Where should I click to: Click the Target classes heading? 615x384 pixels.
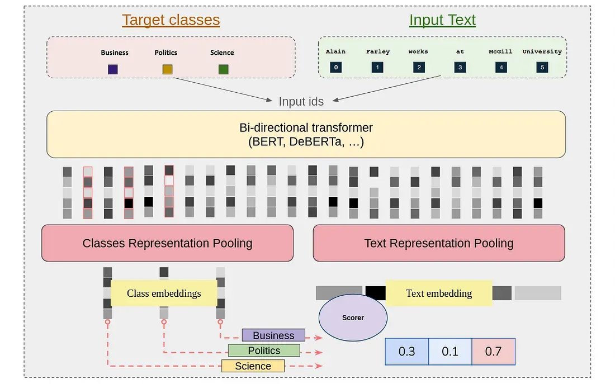[171, 20]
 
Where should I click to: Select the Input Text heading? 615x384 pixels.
[442, 20]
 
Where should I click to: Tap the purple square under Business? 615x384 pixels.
[113, 69]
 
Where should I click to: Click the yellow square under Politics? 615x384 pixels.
[168, 69]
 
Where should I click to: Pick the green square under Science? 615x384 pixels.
[224, 69]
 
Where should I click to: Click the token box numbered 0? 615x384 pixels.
[336, 67]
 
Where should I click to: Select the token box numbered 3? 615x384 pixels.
[460, 67]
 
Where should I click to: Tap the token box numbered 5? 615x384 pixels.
[542, 67]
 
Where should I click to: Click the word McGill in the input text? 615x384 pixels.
[500, 51]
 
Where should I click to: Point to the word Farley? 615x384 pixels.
[378, 51]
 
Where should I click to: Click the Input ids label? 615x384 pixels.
[301, 102]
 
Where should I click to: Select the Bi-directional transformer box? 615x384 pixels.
[306, 134]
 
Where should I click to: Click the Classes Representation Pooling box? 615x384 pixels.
[168, 243]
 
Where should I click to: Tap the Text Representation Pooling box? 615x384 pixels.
[439, 243]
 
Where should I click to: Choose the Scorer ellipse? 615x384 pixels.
[353, 317]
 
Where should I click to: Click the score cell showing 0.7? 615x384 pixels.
[494, 352]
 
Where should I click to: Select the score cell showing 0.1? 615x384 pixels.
[450, 352]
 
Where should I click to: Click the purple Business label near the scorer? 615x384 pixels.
[273, 335]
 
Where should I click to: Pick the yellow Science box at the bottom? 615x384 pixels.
[253, 366]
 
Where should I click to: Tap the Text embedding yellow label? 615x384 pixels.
[439, 293]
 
